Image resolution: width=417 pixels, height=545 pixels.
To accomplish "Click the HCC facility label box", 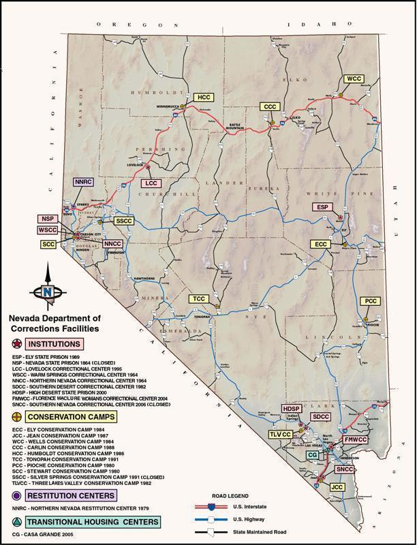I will click(x=203, y=97).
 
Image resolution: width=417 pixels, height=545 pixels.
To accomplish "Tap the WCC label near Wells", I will click(x=354, y=79).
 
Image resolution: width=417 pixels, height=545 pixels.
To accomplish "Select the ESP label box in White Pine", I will click(x=322, y=206).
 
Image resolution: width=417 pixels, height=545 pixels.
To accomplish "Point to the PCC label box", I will click(x=370, y=300).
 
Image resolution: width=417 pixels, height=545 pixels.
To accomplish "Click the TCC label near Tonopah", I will click(x=199, y=299).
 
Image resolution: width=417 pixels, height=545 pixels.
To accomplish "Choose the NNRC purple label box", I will click(x=82, y=183).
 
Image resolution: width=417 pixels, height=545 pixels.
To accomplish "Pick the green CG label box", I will click(x=312, y=454).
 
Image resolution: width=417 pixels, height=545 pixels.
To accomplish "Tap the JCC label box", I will click(x=337, y=487).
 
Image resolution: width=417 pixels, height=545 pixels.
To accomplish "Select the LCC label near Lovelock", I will click(x=151, y=183).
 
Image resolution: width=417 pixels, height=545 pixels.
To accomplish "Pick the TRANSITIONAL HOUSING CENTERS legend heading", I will click(x=93, y=522).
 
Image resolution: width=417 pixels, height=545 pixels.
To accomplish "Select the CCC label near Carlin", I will click(x=270, y=107).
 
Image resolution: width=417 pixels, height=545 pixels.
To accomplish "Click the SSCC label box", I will click(x=125, y=221).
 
